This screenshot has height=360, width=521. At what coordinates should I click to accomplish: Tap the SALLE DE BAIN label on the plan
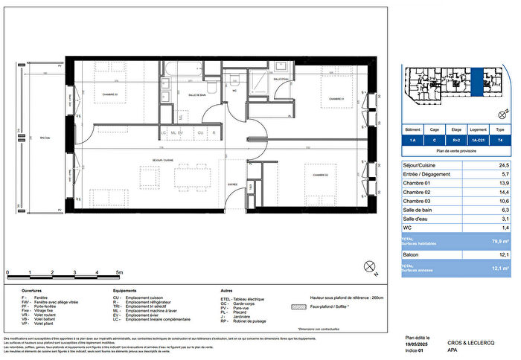(196, 95)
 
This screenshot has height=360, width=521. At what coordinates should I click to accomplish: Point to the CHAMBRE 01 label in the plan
(335, 99)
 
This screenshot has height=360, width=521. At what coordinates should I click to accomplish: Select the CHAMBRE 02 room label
(322, 176)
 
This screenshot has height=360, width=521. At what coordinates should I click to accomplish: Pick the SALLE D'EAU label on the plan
(281, 80)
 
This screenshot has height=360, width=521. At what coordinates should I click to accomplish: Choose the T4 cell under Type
(499, 139)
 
